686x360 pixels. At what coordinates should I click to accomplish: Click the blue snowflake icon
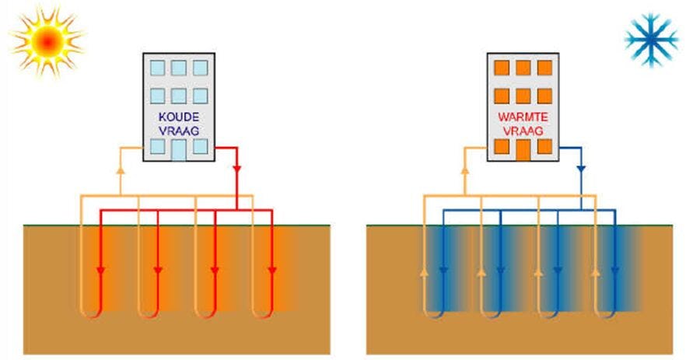coord(651,40)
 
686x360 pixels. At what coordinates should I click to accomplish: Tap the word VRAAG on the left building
coord(177,131)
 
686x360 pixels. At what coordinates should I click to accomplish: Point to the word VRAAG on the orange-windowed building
coord(522,131)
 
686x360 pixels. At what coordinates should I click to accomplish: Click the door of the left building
coord(178,150)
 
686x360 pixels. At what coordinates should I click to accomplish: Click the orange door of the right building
coord(523,150)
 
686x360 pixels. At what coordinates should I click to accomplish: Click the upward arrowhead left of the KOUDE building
coord(120,167)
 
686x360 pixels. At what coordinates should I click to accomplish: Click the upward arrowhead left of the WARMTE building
coord(464,167)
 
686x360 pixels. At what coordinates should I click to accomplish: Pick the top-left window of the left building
coord(156,68)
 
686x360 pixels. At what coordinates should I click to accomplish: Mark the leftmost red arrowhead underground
coord(101,271)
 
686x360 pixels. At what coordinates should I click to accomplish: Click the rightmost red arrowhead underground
coord(273,271)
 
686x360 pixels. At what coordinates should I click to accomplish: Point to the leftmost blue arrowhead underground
coord(443,271)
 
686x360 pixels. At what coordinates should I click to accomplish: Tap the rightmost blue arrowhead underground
coord(615,271)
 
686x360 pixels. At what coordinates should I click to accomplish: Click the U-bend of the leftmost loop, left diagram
coord(91,314)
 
